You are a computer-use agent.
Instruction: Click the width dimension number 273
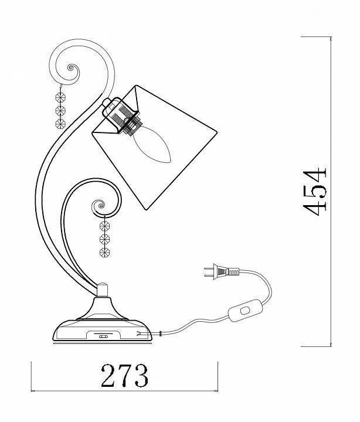click(125, 375)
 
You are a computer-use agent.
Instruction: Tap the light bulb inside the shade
click(151, 144)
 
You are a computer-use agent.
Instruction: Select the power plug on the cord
click(222, 271)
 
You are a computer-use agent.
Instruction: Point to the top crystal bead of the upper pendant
click(60, 97)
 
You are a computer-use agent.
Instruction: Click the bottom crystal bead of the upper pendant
click(60, 124)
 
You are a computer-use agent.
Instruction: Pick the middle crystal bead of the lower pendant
click(104, 239)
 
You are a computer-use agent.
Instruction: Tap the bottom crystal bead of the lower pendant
click(104, 253)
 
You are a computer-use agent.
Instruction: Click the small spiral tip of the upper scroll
click(72, 67)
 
